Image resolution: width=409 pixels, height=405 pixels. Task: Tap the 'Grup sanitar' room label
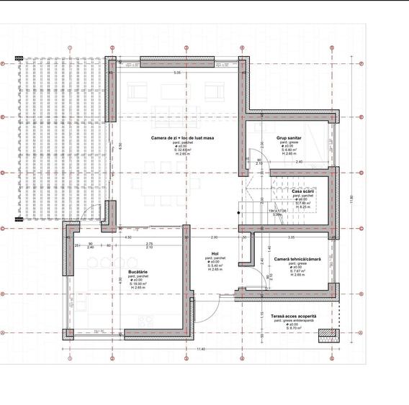tap(288, 137)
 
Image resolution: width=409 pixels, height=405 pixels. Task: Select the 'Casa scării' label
tap(302, 191)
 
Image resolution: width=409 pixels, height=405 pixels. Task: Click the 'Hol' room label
tap(215, 254)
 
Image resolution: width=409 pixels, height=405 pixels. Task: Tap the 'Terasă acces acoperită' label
tap(293, 316)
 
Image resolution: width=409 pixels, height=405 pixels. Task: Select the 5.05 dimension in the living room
tap(177, 73)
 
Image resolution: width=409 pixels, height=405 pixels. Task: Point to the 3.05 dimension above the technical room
tap(291, 237)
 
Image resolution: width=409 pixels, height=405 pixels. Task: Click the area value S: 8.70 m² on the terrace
tap(293, 329)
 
